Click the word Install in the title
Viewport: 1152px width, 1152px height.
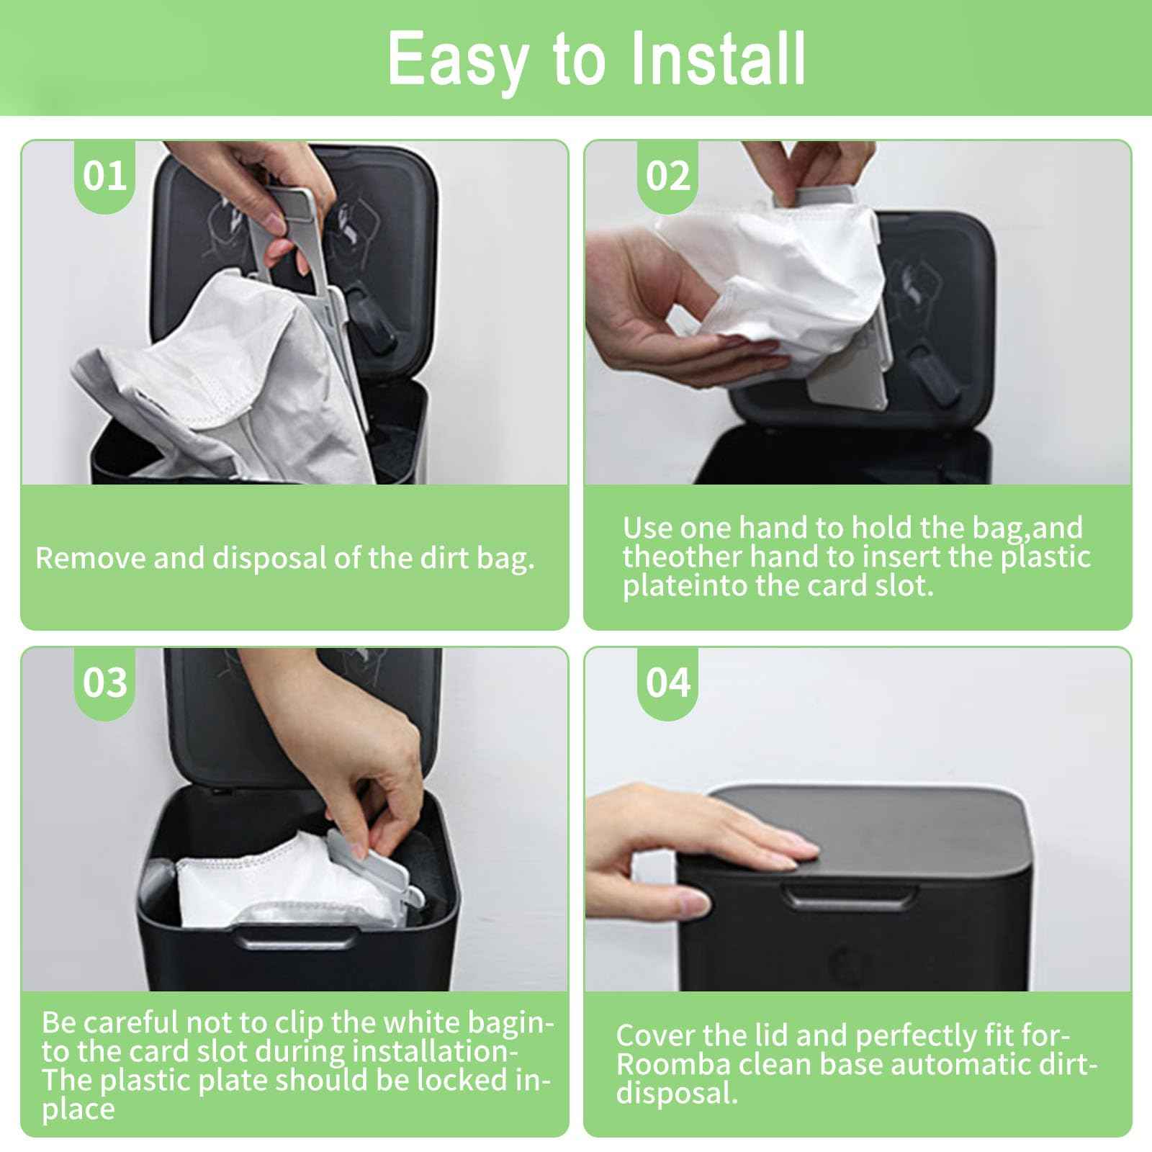coord(717,59)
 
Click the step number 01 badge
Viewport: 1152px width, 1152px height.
coord(105,176)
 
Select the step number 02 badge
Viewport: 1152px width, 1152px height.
coord(667,176)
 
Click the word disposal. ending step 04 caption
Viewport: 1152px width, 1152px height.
coord(677,1093)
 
